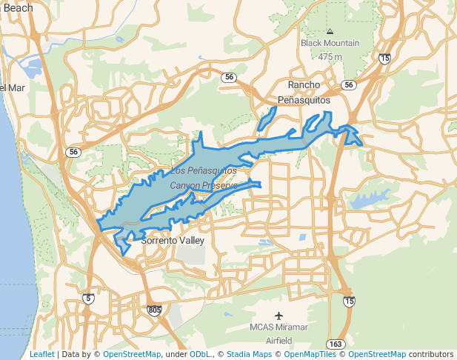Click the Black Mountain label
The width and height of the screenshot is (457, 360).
click(x=330, y=43)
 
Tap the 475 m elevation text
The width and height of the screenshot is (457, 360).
click(x=330, y=56)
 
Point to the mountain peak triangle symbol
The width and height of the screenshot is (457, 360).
click(x=330, y=31)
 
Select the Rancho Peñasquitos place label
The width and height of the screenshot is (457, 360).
click(x=304, y=92)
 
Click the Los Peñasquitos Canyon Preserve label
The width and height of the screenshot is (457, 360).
click(x=204, y=178)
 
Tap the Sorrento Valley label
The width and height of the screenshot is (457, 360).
click(x=172, y=241)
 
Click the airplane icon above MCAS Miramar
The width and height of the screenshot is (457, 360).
click(x=278, y=316)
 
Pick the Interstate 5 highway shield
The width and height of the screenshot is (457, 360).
click(x=89, y=299)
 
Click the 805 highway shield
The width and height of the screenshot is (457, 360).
click(x=154, y=310)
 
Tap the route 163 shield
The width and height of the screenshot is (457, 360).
click(x=336, y=344)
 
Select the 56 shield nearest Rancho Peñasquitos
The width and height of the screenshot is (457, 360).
click(x=347, y=85)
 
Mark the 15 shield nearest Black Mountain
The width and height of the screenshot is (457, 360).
click(x=384, y=58)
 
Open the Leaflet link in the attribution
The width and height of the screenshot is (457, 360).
click(x=41, y=355)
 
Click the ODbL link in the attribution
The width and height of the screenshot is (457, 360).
click(x=201, y=355)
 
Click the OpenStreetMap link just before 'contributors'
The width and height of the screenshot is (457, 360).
click(x=377, y=355)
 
